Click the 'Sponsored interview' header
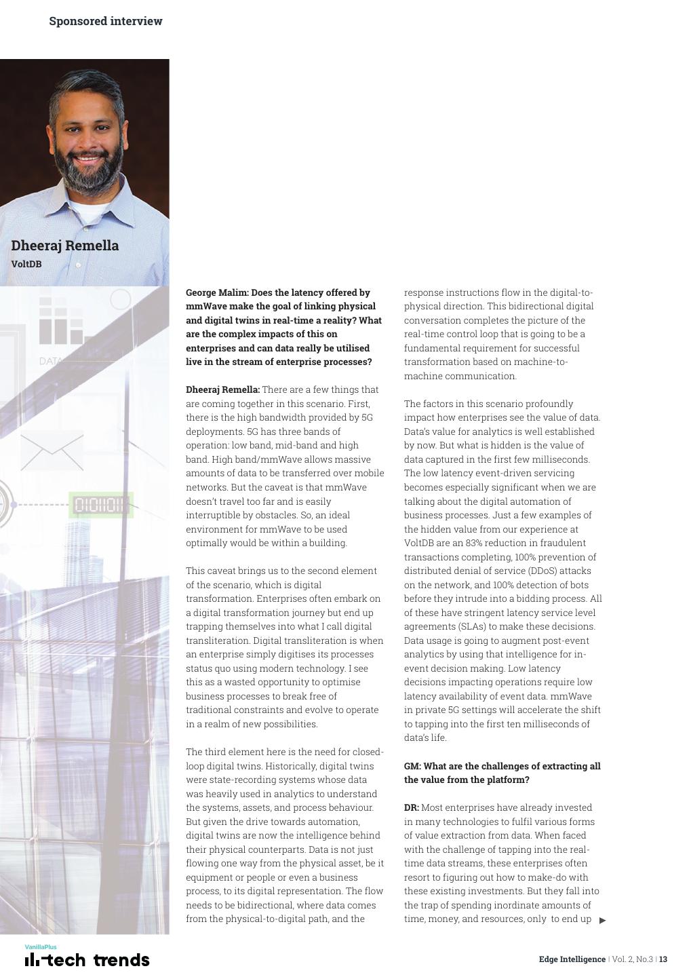[x=105, y=21]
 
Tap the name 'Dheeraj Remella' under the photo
[x=64, y=246]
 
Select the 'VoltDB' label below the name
[x=26, y=264]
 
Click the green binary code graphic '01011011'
[x=100, y=505]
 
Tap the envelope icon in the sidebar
[x=52, y=451]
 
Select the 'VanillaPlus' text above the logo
[x=41, y=946]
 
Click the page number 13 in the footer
[x=663, y=959]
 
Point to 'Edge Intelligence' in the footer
[x=572, y=959]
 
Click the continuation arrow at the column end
[x=602, y=921]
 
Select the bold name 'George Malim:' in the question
[x=217, y=292]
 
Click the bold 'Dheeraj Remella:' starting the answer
[x=222, y=389]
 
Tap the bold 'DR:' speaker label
[x=411, y=807]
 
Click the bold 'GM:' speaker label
[x=412, y=766]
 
